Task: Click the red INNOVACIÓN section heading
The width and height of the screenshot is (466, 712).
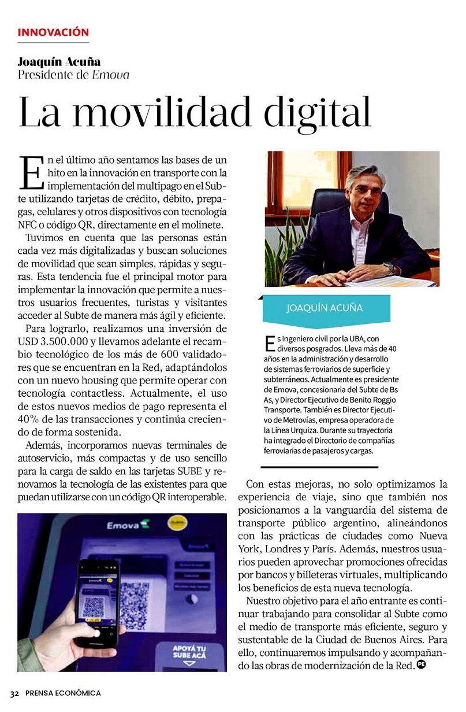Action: (x=53, y=32)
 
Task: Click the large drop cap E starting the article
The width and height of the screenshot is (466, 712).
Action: (x=31, y=172)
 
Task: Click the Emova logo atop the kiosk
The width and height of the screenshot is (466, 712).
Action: (x=125, y=526)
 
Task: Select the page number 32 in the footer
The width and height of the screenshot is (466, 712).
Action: (x=14, y=693)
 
